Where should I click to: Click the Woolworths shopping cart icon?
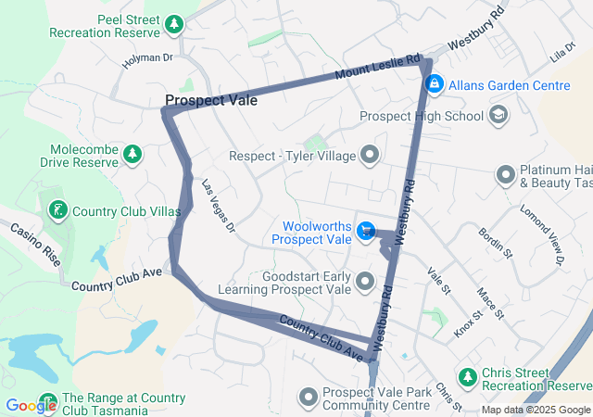(366, 231)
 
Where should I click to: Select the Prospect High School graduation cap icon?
(498, 116)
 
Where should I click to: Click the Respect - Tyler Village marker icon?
(371, 156)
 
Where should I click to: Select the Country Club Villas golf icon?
(58, 210)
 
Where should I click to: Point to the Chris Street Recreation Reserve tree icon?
(469, 377)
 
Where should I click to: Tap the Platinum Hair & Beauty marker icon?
(506, 174)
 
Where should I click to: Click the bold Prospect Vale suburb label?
(211, 100)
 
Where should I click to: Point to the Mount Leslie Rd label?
(378, 65)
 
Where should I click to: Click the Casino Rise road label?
(35, 244)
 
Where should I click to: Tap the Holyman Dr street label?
(148, 60)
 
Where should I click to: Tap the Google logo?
(31, 405)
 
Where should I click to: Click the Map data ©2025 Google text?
(536, 410)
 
